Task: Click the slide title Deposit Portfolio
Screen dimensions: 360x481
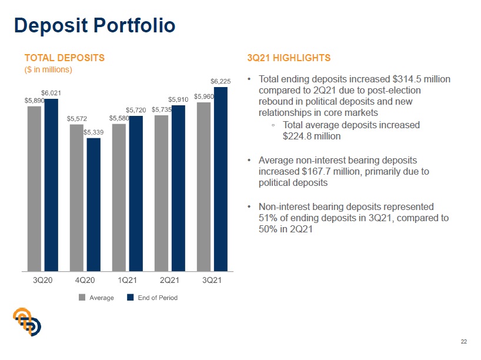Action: (94, 26)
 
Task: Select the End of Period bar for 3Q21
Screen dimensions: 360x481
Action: (221, 179)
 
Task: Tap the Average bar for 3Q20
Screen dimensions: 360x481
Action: (35, 188)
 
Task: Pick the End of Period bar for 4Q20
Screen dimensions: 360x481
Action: (93, 205)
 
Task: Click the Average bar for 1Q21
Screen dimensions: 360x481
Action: (119, 198)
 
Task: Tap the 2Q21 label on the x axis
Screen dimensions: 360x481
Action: (169, 279)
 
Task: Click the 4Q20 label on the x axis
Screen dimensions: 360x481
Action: (85, 279)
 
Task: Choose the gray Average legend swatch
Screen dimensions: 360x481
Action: (82, 298)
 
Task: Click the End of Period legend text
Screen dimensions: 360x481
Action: (158, 298)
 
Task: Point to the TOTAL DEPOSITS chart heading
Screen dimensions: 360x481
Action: (64, 58)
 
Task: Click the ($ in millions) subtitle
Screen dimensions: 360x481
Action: (48, 69)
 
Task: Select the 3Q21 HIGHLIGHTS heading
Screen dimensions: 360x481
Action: (289, 58)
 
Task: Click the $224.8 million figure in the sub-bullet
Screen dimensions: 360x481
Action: (312, 136)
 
